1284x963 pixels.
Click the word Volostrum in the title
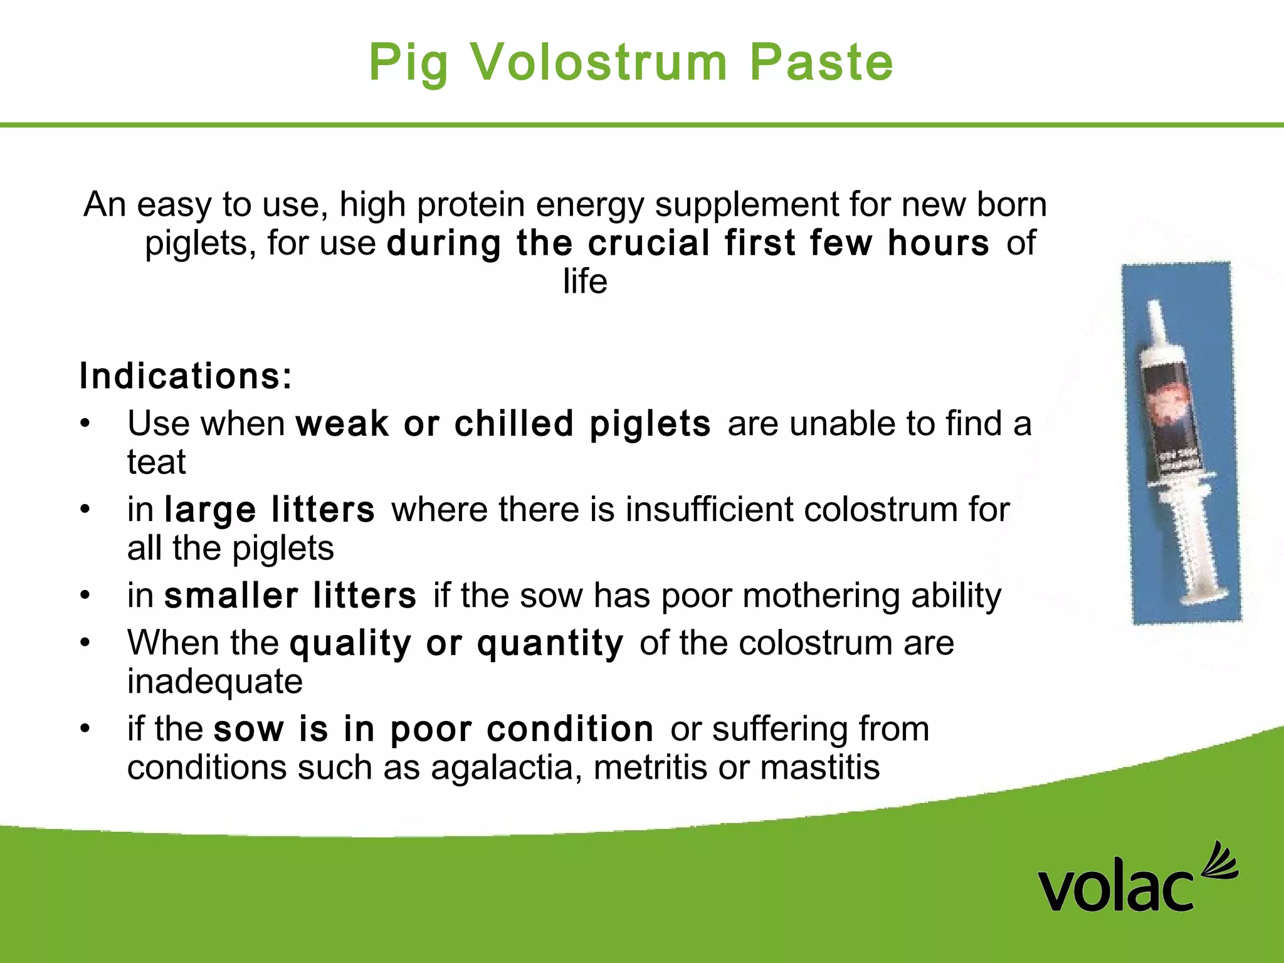click(599, 62)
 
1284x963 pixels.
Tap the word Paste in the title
click(821, 62)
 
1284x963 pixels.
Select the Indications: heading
click(186, 376)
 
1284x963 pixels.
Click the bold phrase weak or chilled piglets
click(503, 424)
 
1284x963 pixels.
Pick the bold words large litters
click(270, 509)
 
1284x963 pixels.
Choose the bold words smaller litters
click(290, 596)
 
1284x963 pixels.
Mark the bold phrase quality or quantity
click(456, 643)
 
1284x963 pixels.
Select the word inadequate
click(215, 681)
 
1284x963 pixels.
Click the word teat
click(157, 463)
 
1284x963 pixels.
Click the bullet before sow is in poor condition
click(85, 729)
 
